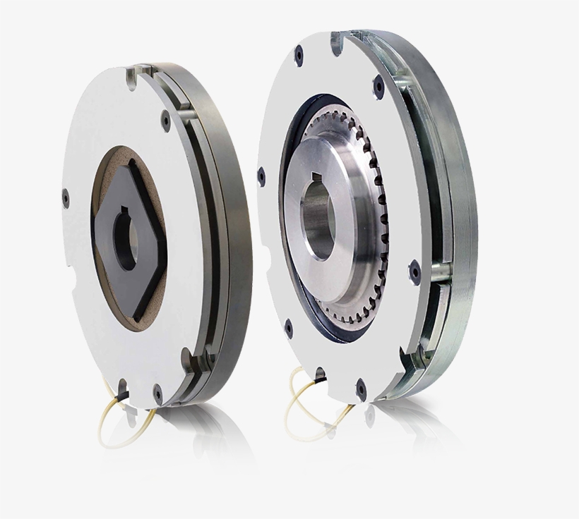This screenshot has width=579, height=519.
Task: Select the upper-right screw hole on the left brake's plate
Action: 165,122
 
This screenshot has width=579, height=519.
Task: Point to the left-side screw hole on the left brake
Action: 66,198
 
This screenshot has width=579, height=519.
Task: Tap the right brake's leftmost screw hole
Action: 261,176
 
